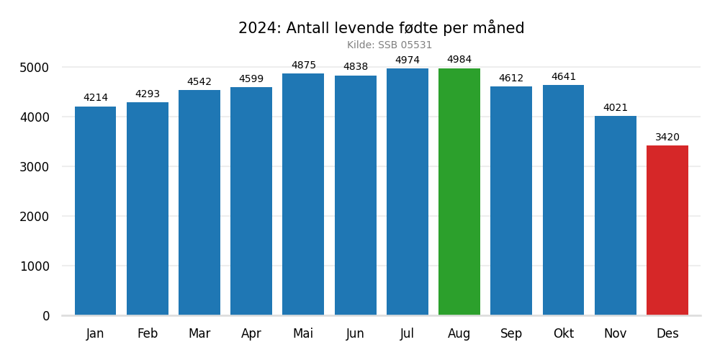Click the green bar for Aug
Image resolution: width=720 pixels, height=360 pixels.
click(459, 192)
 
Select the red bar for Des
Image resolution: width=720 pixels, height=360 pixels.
click(667, 230)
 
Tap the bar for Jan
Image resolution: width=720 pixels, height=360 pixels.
click(95, 211)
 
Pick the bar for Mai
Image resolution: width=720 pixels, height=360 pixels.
click(303, 194)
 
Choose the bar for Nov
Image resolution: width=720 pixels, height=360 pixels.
click(616, 215)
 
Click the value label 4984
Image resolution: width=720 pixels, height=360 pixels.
click(459, 60)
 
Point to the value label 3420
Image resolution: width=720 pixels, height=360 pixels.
click(667, 138)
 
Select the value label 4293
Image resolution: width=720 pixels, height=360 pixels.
click(148, 94)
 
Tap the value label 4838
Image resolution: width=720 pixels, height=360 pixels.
click(356, 67)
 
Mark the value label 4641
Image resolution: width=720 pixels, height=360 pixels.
click(564, 77)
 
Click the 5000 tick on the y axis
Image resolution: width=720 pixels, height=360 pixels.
click(35, 68)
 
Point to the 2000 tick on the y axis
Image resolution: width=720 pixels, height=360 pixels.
click(35, 217)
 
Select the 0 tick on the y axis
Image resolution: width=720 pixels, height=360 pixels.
click(46, 316)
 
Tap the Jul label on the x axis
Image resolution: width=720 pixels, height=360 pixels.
click(408, 334)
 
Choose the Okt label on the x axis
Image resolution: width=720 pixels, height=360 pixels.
click(564, 334)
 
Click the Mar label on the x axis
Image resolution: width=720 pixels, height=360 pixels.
click(199, 334)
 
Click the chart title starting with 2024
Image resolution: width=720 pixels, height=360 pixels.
click(382, 29)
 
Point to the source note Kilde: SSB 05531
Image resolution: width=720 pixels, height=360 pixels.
click(390, 45)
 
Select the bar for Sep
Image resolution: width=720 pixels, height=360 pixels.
click(511, 201)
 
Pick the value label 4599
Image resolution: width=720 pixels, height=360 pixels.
click(251, 79)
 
